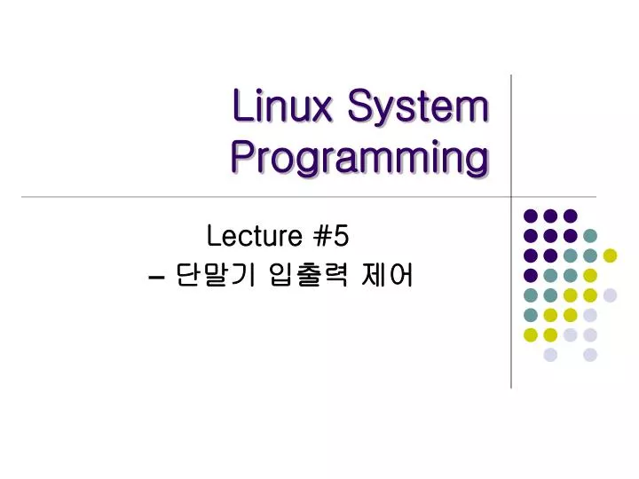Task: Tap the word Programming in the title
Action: point(359,160)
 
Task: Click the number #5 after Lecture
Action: point(331,236)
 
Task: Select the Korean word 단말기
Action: point(216,278)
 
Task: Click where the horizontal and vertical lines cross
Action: point(511,196)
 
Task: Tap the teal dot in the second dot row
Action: point(590,235)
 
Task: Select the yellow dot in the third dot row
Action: point(610,255)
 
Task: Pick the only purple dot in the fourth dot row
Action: point(531,275)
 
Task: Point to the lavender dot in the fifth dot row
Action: point(610,295)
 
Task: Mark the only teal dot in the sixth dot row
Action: point(531,315)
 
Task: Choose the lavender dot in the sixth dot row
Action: point(590,315)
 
